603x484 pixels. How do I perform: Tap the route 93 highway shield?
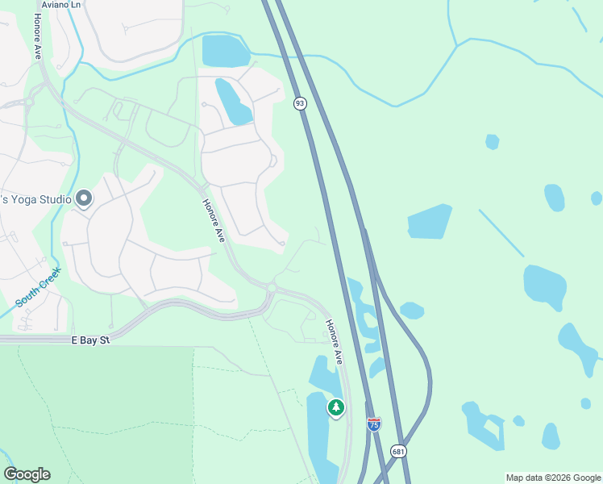pos(300,103)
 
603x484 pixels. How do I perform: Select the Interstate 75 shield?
pos(373,424)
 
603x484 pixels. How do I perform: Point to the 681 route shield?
pos(398,451)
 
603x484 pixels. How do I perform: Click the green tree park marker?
pos(335,408)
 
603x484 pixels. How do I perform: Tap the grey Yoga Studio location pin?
pos(85,199)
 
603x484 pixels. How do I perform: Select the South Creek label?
pos(38,287)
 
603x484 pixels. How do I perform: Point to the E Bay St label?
pos(89,340)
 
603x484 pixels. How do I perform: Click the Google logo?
pos(27,474)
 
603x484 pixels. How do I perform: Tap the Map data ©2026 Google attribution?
pos(553,478)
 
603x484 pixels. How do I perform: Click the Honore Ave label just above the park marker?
pos(335,340)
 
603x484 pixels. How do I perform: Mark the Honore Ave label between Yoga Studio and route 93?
pos(214,220)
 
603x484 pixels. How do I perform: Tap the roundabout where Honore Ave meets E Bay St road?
pos(272,287)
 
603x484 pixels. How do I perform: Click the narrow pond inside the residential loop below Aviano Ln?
pos(233,102)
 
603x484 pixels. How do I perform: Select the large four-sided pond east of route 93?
pos(429,222)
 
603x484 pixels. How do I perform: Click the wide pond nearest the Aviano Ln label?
pos(226,51)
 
